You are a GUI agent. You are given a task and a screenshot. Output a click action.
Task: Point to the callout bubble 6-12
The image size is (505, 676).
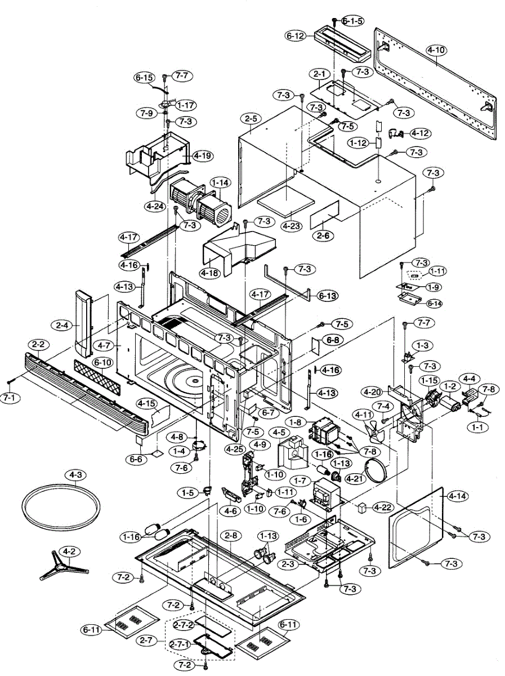[296, 35]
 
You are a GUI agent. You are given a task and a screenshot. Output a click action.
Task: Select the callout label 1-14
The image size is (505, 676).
[221, 183]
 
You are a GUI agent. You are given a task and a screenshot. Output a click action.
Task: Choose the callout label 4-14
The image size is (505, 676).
[458, 496]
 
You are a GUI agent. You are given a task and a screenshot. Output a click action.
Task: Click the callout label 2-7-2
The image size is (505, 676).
[184, 625]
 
